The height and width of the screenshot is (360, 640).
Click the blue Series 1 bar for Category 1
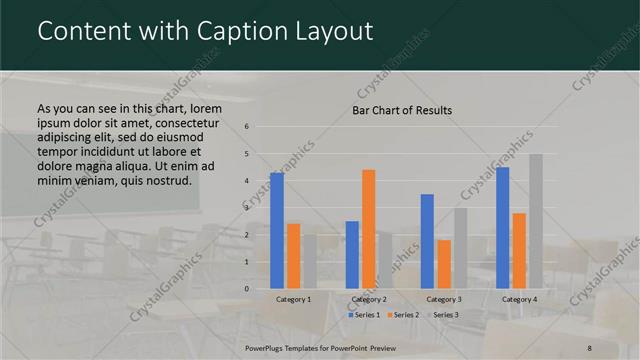[277, 231]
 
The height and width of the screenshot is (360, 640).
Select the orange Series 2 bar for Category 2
[368, 229]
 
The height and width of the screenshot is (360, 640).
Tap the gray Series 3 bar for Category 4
[536, 221]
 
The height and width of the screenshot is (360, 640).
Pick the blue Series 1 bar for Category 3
[427, 241]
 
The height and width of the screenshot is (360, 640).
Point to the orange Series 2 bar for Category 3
[443, 264]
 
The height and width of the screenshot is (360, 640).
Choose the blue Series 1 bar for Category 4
[502, 228]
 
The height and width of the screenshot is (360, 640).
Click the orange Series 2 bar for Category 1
[293, 256]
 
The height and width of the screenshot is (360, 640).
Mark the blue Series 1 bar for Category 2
[352, 255]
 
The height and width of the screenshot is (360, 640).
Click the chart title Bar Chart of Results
[402, 110]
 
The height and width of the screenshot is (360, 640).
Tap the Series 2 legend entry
[404, 315]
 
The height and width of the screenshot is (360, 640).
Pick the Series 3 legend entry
[443, 315]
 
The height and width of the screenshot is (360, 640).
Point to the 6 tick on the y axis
[247, 127]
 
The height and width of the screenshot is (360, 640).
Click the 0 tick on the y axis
[247, 289]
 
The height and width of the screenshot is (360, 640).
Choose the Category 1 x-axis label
[293, 299]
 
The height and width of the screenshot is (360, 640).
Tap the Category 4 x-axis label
[519, 299]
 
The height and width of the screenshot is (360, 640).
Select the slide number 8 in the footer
[589, 348]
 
